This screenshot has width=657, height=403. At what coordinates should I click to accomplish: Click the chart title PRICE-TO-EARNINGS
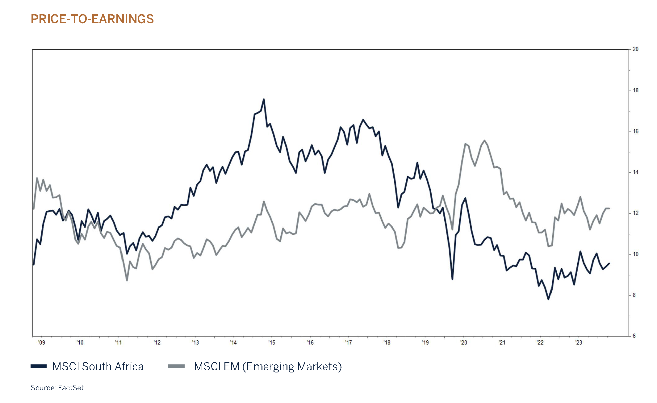(x=92, y=19)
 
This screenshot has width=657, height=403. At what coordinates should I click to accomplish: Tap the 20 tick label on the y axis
(x=635, y=49)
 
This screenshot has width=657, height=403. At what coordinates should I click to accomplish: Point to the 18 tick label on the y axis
(x=635, y=90)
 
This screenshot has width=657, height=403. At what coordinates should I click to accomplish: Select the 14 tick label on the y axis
(x=635, y=172)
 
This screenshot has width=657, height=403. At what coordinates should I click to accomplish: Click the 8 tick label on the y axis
(x=634, y=295)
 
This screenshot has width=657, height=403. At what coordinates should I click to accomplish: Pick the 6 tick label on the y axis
(x=634, y=336)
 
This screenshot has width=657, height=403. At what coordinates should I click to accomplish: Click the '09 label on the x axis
(x=41, y=342)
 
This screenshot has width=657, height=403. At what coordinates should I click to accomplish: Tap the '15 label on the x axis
(x=272, y=342)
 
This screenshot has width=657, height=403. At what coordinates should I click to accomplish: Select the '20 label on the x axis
(x=463, y=342)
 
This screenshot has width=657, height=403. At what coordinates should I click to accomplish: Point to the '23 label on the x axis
(x=579, y=342)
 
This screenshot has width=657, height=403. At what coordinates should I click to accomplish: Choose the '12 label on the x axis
(x=157, y=342)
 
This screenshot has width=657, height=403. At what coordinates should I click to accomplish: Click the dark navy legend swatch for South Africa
(x=39, y=367)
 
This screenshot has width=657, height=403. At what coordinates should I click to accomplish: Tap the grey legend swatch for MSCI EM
(x=176, y=367)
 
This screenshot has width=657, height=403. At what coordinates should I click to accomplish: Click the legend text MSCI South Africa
(x=98, y=367)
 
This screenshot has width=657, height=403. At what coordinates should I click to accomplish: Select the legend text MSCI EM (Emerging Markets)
(x=268, y=367)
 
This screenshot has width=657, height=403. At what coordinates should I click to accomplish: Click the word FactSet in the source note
(x=71, y=388)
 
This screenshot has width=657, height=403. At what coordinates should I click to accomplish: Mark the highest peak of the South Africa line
(x=264, y=99)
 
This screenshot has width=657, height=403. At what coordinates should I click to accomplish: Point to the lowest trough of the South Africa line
(x=548, y=299)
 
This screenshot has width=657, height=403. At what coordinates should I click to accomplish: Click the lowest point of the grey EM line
(x=127, y=280)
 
